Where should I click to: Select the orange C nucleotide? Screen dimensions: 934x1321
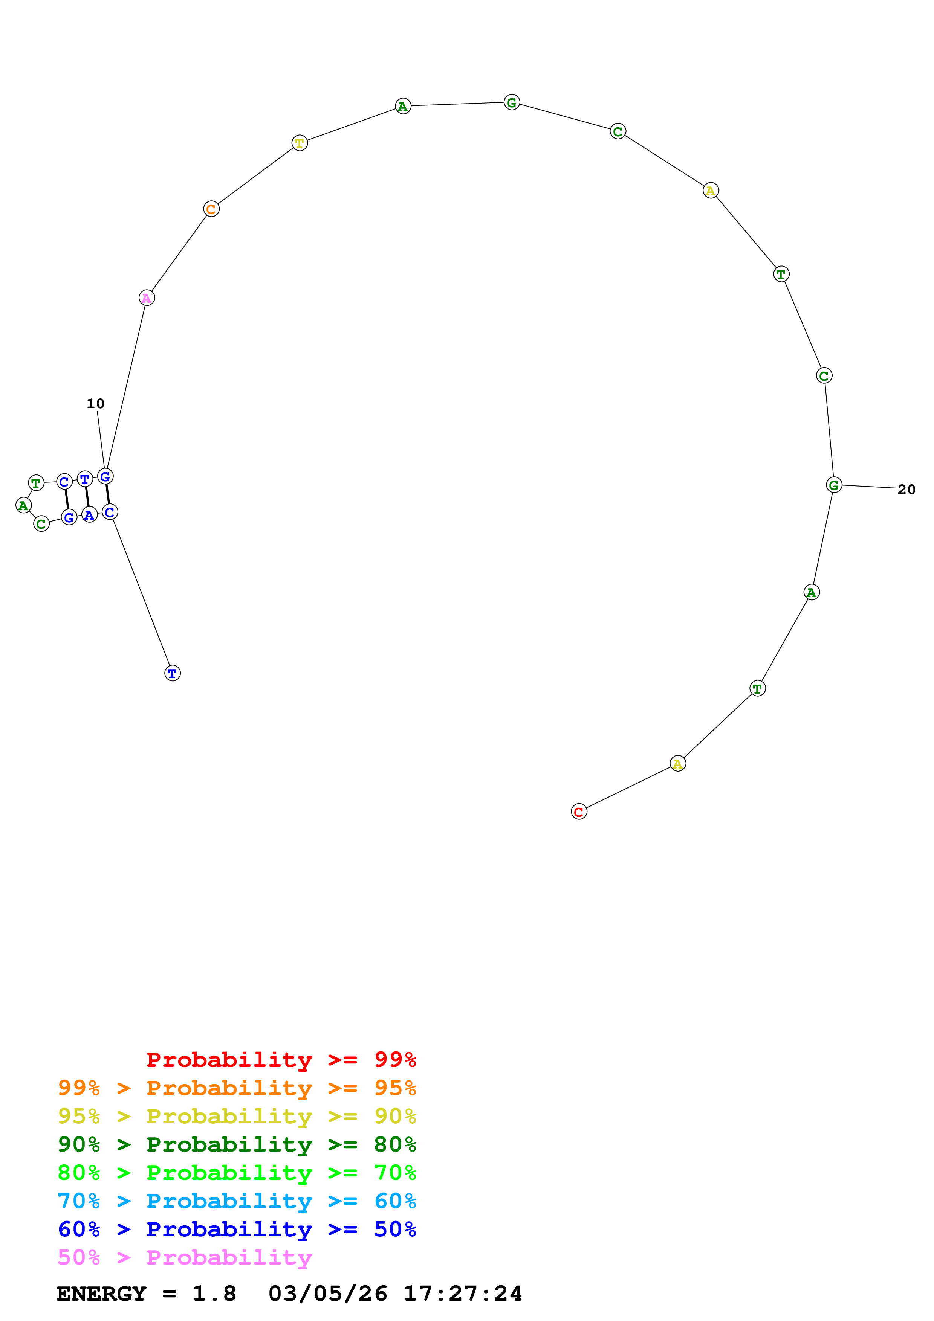pyautogui.click(x=211, y=209)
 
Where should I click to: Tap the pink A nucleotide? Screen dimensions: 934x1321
pyautogui.click(x=147, y=298)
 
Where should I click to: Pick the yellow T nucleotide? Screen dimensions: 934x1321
pyautogui.click(x=299, y=143)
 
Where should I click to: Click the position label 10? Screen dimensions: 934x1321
pyautogui.click(x=96, y=403)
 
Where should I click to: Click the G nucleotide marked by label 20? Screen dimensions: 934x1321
pyautogui.click(x=833, y=485)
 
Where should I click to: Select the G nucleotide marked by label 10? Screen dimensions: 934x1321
pyautogui.click(x=105, y=476)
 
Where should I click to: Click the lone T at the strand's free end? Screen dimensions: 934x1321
pyautogui.click(x=172, y=673)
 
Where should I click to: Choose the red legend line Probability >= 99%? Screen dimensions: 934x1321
pyautogui.click(x=281, y=1059)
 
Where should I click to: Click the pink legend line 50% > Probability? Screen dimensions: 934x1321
pyautogui.click(x=185, y=1257)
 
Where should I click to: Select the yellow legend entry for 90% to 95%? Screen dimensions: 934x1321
pyautogui.click(x=237, y=1116)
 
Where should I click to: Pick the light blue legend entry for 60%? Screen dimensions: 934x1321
pyautogui.click(x=237, y=1201)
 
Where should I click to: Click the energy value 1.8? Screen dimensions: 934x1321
pyautogui.click(x=214, y=1294)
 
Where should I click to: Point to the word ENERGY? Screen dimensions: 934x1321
pyautogui.click(x=101, y=1294)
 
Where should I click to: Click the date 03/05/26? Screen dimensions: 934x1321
pyautogui.click(x=327, y=1294)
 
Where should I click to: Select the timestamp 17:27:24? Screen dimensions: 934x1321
pyautogui.click(x=463, y=1294)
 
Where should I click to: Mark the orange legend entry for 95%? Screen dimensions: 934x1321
pyautogui.click(x=237, y=1088)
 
